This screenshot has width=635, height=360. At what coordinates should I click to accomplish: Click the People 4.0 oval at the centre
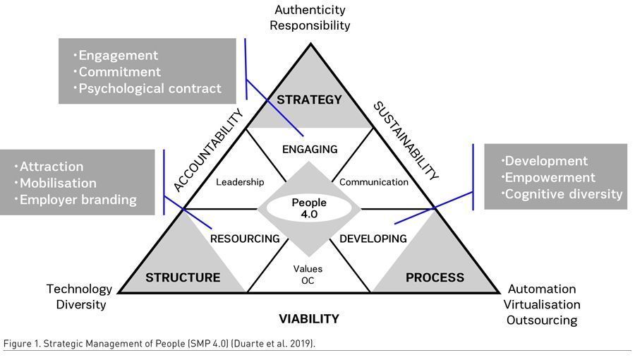coord(309,208)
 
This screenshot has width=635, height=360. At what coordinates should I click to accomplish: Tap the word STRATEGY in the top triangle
coord(309,100)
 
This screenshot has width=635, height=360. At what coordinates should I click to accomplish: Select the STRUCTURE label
coord(183,277)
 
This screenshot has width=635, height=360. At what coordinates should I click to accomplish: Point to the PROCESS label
coord(435,277)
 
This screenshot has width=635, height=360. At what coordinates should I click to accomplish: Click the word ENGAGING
coord(310,149)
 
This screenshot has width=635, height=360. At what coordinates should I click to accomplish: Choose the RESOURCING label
coord(245,239)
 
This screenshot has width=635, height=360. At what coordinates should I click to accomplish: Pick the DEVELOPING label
coord(373,239)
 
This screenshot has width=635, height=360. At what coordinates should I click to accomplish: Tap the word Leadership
coord(240,182)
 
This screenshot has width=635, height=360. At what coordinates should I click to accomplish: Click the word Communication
coord(374,182)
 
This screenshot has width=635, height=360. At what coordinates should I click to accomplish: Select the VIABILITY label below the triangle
coord(309,319)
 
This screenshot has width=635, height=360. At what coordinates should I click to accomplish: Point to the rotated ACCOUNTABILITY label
coord(208,150)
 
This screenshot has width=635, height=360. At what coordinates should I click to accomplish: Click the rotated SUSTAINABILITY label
coord(406,141)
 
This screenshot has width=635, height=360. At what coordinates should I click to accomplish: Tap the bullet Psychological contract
coord(150,88)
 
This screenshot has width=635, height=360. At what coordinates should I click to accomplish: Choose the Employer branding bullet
coord(78,199)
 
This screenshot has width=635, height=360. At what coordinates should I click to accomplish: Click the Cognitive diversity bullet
coord(563,193)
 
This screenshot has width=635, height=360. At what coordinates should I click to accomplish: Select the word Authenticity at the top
coord(310,10)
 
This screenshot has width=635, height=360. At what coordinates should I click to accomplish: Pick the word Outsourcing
coord(541,320)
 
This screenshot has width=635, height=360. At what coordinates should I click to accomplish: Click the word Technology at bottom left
coord(79,289)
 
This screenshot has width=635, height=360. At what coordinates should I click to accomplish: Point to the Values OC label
coord(308,275)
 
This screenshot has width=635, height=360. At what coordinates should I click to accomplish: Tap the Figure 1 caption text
coord(159,343)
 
